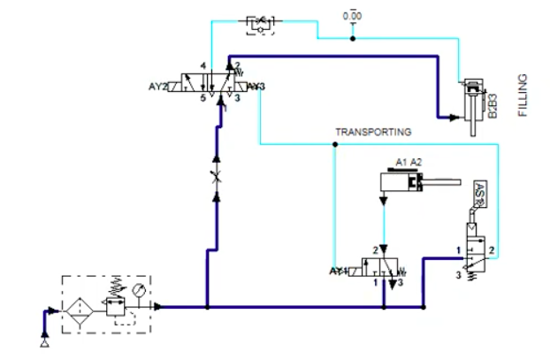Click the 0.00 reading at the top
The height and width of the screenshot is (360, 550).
(352, 16)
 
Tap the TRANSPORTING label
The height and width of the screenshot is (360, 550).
(373, 132)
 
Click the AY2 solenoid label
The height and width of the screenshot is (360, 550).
(158, 87)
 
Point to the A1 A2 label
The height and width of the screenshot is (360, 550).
(410, 163)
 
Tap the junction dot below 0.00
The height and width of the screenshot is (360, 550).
(352, 38)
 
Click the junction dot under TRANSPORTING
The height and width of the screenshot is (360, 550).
(334, 144)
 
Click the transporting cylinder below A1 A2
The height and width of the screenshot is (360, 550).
(402, 184)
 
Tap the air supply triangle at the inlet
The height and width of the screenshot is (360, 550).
(45, 340)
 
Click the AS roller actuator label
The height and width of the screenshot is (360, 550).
(478, 194)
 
